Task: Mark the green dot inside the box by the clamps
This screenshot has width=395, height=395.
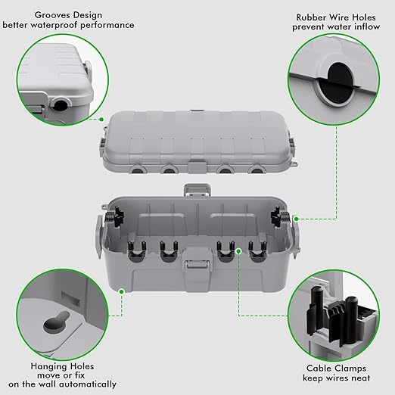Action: (x=238, y=250)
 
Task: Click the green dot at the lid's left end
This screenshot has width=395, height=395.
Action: (x=101, y=118)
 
